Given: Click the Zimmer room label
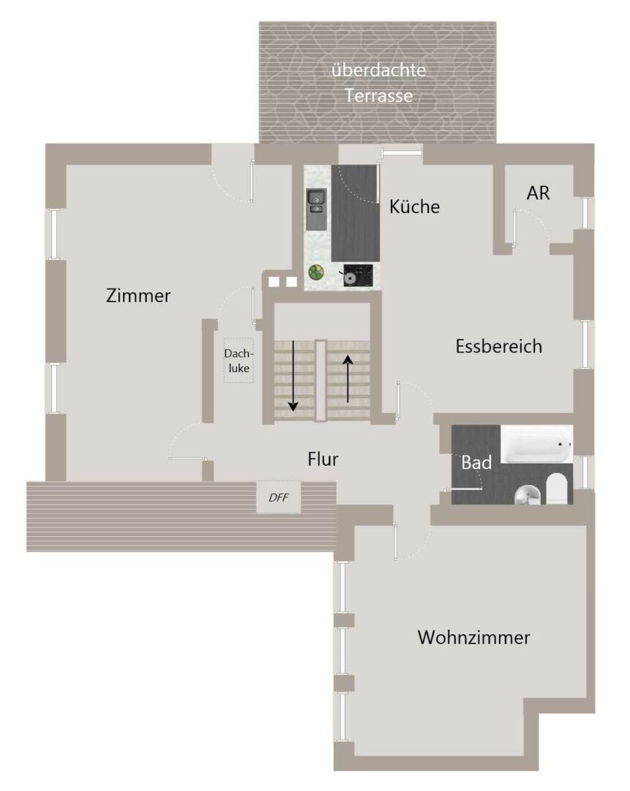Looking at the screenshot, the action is pos(138,296).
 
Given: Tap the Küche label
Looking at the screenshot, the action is pos(414,207).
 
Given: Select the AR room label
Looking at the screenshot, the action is pos(538,193).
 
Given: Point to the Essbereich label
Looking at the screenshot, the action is pos(499,346).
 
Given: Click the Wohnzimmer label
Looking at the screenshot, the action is pos(473,637).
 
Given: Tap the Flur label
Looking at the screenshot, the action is pos(323,459).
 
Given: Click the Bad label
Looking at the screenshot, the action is pos(476,462).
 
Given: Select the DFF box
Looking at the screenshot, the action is pos(279,497).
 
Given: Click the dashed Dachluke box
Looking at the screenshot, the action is pos(239,360).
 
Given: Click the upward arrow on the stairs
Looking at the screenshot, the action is pos(348,379).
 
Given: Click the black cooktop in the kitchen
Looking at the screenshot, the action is pos(358,275).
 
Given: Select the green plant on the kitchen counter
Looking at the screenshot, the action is pos(316,272).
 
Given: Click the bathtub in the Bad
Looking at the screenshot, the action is pos(537,444).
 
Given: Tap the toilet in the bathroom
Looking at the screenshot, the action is pos(556,489).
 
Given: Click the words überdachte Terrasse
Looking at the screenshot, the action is pos(378,82).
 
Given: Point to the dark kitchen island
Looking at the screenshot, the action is pos(356,213).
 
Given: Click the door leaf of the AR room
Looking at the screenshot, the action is pos(514,228).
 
